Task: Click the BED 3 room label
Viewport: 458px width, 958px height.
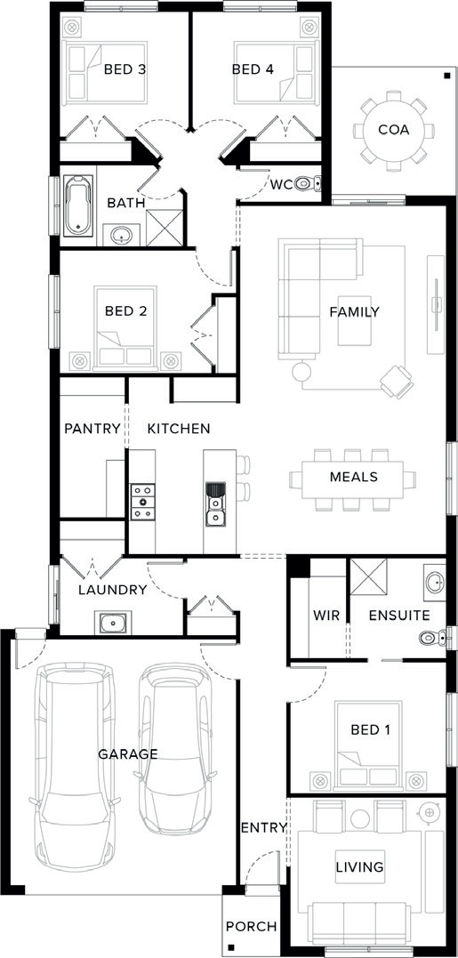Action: [x=125, y=69]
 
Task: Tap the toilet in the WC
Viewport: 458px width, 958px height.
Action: [x=308, y=182]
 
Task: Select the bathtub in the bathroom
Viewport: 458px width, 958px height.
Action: [x=79, y=205]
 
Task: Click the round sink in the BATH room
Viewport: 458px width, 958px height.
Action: [x=121, y=235]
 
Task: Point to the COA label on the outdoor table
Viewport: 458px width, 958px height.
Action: [x=393, y=130]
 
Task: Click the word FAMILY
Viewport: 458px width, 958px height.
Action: [x=354, y=312]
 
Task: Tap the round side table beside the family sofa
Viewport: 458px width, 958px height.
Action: [x=301, y=371]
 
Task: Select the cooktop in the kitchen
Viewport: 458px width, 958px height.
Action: [x=143, y=502]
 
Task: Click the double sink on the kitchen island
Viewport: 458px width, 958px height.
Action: [x=215, y=504]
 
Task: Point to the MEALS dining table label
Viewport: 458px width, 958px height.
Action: [x=354, y=477]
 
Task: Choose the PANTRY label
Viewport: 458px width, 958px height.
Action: [x=92, y=429]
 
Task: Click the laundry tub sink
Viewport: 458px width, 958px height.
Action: [x=113, y=624]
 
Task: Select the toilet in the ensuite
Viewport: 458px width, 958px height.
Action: [x=436, y=639]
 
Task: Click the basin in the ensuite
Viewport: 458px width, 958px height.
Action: [x=436, y=583]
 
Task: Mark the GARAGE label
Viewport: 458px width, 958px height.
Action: [x=128, y=754]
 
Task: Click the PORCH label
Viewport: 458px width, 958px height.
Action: [x=251, y=927]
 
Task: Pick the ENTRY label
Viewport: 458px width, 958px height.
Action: [x=264, y=828]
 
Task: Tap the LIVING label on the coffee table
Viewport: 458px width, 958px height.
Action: [x=359, y=866]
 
